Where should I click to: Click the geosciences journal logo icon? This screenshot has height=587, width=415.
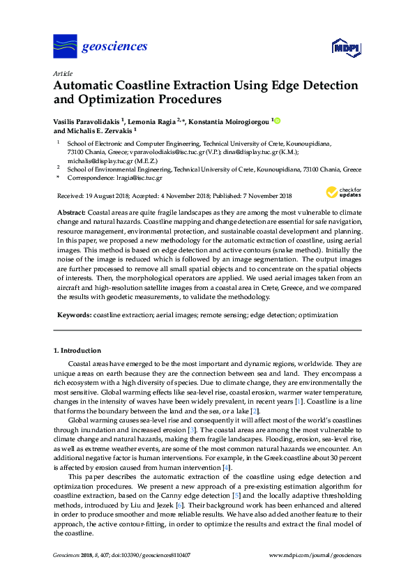[x=65, y=47]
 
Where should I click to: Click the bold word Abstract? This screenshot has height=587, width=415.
[x=70, y=211]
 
